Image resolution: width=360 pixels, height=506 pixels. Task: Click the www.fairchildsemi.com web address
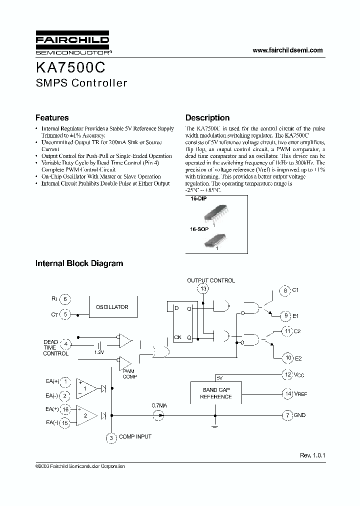click(287, 50)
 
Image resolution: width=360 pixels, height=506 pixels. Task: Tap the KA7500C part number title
click(70, 67)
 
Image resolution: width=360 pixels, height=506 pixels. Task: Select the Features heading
click(52, 118)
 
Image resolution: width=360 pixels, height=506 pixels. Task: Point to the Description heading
click(207, 118)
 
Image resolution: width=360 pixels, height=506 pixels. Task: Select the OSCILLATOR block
click(112, 307)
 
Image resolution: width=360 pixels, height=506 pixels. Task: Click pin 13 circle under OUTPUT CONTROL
click(203, 289)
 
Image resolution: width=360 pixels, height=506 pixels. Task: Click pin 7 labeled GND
click(286, 415)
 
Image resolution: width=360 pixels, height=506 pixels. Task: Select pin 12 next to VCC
click(287, 374)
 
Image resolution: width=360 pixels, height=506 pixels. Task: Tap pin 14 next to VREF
click(287, 394)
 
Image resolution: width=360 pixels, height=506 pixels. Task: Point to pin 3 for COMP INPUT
click(110, 438)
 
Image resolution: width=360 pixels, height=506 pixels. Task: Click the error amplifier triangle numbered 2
click(86, 414)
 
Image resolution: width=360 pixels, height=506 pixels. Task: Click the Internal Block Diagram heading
click(79, 263)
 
